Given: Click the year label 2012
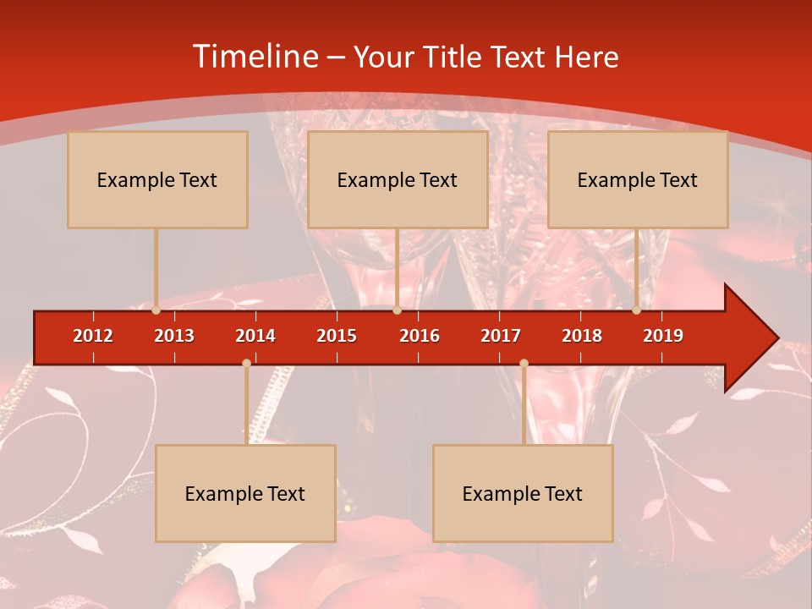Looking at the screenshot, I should [x=93, y=336].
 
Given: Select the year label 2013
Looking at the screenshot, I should [x=174, y=336].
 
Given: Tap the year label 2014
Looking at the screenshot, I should [x=255, y=336].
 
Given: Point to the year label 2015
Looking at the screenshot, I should [x=337, y=336].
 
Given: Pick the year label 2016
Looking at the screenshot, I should [x=420, y=336].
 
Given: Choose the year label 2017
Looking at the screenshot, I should [x=501, y=336].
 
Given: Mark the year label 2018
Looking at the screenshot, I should [x=582, y=336].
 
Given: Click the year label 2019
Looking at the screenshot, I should [x=663, y=336].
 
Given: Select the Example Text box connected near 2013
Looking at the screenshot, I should [x=157, y=179].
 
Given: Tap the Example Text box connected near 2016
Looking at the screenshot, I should [x=398, y=179].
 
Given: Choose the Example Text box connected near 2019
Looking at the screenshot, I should [x=638, y=179].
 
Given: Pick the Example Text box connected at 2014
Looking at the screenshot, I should [x=245, y=493].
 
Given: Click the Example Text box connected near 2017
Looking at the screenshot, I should [x=523, y=493].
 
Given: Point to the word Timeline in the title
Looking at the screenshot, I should [x=254, y=57].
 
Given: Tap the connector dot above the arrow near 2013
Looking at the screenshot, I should [x=156, y=310].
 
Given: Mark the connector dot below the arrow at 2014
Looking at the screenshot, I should [x=246, y=364].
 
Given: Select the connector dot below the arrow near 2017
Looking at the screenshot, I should [x=524, y=364].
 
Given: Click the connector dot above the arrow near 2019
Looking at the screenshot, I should [x=637, y=310].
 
